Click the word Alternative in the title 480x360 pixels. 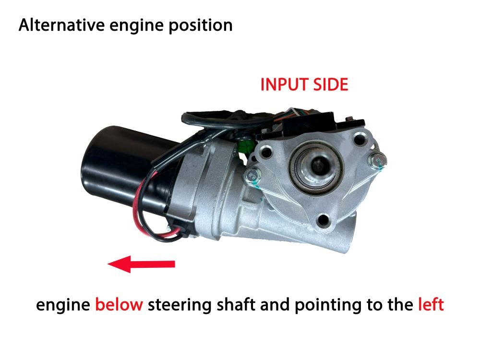[61, 25]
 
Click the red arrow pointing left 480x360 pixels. [141, 264]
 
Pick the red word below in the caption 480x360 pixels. [119, 304]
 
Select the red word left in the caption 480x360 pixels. [431, 304]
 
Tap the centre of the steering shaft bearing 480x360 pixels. [317, 167]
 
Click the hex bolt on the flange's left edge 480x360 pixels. [253, 176]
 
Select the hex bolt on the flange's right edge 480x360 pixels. [377, 160]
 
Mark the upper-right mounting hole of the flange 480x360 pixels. [359, 140]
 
